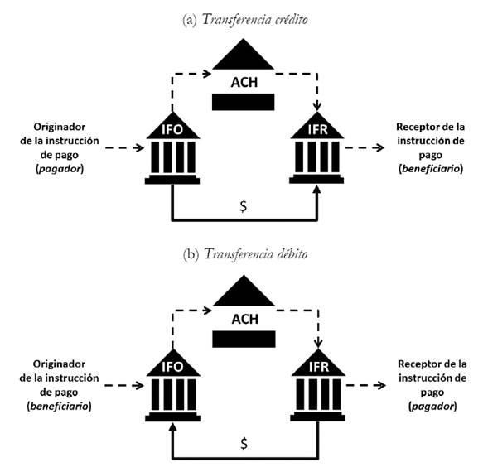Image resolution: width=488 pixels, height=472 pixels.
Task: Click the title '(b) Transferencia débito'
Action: (x=244, y=254)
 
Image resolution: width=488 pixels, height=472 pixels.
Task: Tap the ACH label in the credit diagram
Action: (x=244, y=82)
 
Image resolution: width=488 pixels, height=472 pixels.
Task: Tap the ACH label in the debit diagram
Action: (x=244, y=317)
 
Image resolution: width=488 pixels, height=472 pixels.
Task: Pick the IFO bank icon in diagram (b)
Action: (x=172, y=387)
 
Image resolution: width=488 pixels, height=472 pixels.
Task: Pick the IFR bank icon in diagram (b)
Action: (x=317, y=387)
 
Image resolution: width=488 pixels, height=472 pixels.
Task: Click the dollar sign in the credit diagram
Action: (x=243, y=206)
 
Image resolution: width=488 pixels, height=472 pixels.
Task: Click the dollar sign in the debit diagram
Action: (x=243, y=443)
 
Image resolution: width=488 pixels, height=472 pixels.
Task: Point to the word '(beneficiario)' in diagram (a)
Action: (x=432, y=169)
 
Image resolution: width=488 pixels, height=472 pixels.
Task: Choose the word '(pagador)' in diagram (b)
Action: (x=432, y=406)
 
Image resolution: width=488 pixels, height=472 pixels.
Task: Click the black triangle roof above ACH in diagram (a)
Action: (x=244, y=57)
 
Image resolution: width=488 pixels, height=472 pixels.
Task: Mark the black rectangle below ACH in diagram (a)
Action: (x=244, y=102)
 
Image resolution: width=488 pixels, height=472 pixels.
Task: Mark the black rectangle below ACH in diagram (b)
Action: (x=244, y=338)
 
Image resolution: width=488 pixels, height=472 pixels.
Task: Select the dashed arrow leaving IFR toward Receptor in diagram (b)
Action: (x=365, y=384)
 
